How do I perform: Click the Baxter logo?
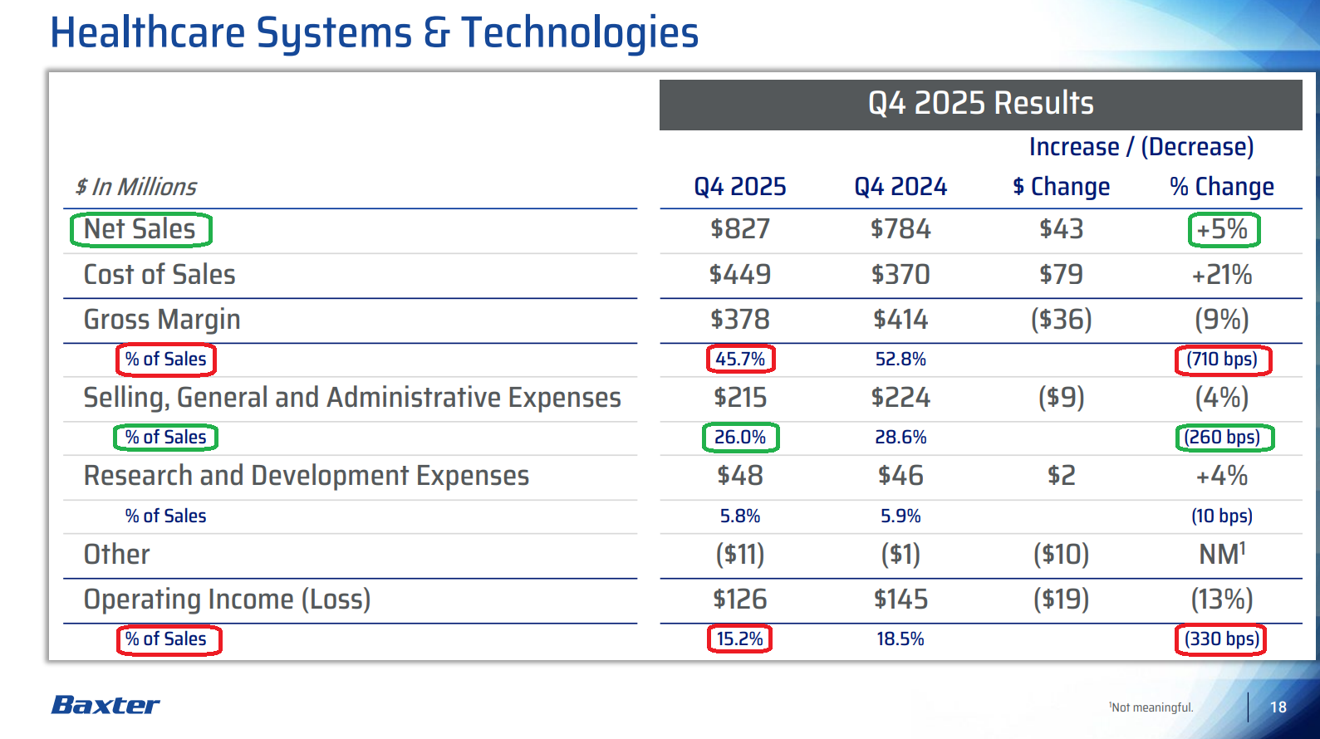[x=106, y=705]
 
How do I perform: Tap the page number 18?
[x=1278, y=707]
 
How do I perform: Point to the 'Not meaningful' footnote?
[x=1151, y=707]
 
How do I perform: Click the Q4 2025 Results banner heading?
[x=980, y=104]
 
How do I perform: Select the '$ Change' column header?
[x=1061, y=187]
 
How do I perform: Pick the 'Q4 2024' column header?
[x=900, y=187]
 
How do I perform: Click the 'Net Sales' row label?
[x=140, y=229]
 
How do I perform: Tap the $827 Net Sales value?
[x=739, y=229]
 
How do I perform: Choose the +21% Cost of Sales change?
[x=1221, y=275]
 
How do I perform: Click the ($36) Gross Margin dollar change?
[x=1061, y=320]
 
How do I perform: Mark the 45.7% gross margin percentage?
[x=739, y=359]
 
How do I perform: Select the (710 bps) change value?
[x=1222, y=360]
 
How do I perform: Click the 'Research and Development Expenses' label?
[x=306, y=476]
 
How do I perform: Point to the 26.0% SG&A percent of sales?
[x=739, y=438]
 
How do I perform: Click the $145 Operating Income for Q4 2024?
[x=900, y=600]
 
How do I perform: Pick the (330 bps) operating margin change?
[x=1221, y=639]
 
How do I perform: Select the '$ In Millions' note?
[x=136, y=187]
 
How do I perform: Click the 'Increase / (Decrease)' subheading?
[x=1141, y=147]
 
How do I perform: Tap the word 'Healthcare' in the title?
[x=148, y=33]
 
